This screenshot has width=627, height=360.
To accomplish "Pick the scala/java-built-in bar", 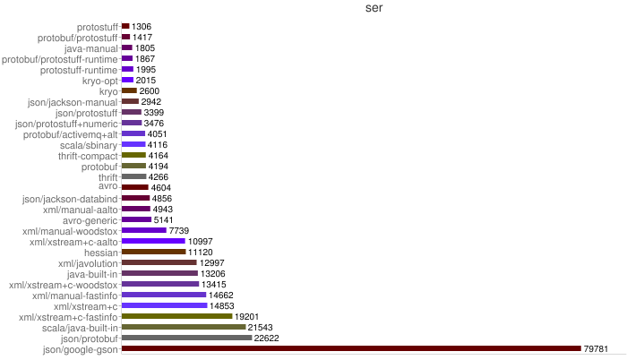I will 183,327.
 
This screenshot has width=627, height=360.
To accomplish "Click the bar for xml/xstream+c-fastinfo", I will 176,316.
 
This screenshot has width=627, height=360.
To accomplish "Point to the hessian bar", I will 153,252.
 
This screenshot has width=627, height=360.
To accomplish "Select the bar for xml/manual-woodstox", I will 143,230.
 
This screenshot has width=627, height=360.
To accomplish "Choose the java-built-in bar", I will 159,273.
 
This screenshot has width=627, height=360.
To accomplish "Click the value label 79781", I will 597,348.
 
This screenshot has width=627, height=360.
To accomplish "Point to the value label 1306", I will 142,27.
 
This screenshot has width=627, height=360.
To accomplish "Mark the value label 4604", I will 161,187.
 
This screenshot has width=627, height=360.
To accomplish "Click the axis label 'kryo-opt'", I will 100,81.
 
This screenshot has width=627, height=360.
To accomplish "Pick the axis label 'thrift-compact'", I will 88,156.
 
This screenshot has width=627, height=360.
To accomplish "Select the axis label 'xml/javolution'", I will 88,262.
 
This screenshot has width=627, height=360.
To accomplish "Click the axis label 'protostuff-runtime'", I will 79,70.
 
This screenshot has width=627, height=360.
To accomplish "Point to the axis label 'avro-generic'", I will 90,219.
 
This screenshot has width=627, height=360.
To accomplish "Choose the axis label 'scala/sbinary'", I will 89,145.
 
